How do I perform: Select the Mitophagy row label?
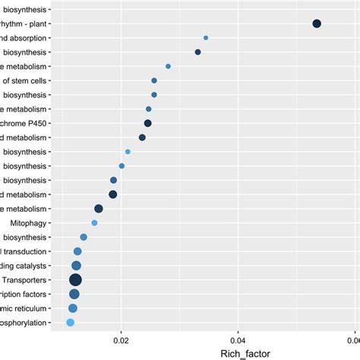tap(29, 223)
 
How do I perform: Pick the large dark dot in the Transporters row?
tap(75, 280)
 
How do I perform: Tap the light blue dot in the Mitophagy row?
tap(94, 223)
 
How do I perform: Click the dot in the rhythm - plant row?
tap(317, 24)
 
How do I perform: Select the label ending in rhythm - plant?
tap(23, 24)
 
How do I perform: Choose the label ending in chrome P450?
tap(23, 123)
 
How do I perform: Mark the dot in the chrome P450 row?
tap(148, 123)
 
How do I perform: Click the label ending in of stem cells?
tap(24, 81)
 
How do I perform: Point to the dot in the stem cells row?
tap(154, 81)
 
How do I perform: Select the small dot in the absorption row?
tap(206, 38)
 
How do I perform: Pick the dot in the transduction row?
tap(77, 251)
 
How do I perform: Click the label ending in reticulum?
tap(23, 308)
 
